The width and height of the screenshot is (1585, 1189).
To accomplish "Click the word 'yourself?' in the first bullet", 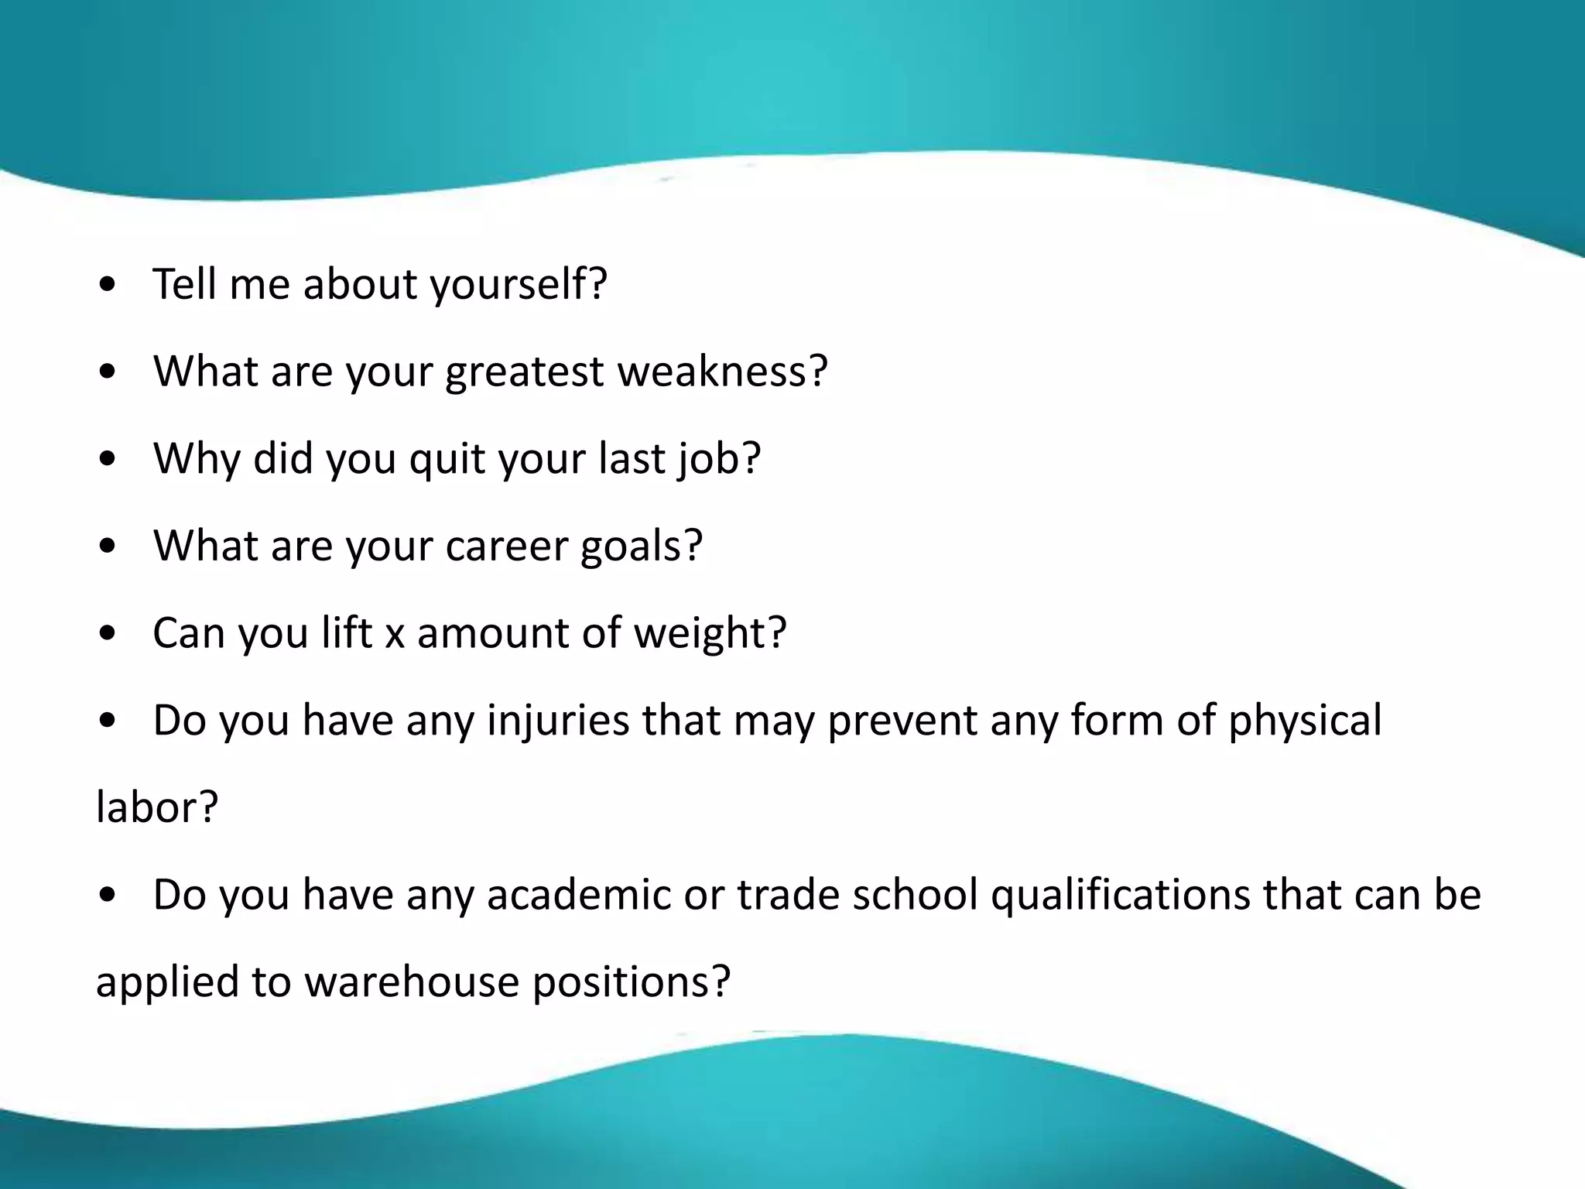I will click(x=519, y=285).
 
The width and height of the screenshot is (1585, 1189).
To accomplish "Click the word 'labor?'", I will click(x=157, y=808).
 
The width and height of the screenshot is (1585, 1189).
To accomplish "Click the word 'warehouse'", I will click(x=411, y=982).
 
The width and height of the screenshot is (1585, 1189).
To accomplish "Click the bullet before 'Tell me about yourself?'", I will click(x=108, y=285).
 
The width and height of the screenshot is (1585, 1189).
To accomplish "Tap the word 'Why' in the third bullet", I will click(x=197, y=460).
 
